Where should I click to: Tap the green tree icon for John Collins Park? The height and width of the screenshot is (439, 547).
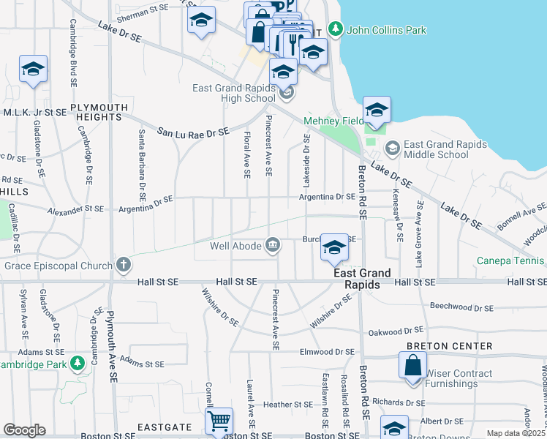tap(335, 30)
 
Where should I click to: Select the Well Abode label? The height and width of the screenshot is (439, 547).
tap(236, 245)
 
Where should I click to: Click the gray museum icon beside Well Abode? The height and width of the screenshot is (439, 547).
tap(273, 244)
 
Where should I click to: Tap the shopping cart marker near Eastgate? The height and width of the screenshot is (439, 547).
tap(219, 421)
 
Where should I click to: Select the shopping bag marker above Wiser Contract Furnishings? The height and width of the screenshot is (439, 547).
tap(412, 364)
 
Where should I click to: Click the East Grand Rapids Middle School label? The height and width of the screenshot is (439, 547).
tap(436, 149)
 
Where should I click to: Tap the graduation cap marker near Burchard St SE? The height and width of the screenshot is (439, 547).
tap(334, 249)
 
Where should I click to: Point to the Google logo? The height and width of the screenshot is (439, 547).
tap(24, 430)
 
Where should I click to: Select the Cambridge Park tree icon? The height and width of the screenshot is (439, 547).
tap(77, 363)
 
